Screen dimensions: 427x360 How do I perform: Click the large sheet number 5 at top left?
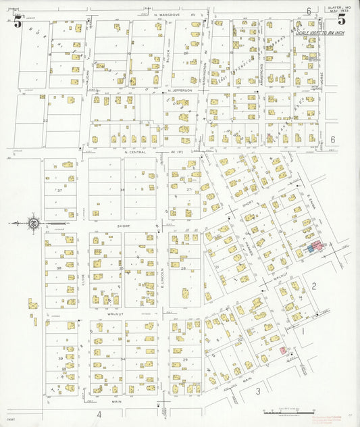tap(18, 22)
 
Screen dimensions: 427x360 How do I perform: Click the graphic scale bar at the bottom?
tap(288, 411)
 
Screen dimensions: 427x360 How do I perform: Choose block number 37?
tap(59, 190)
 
